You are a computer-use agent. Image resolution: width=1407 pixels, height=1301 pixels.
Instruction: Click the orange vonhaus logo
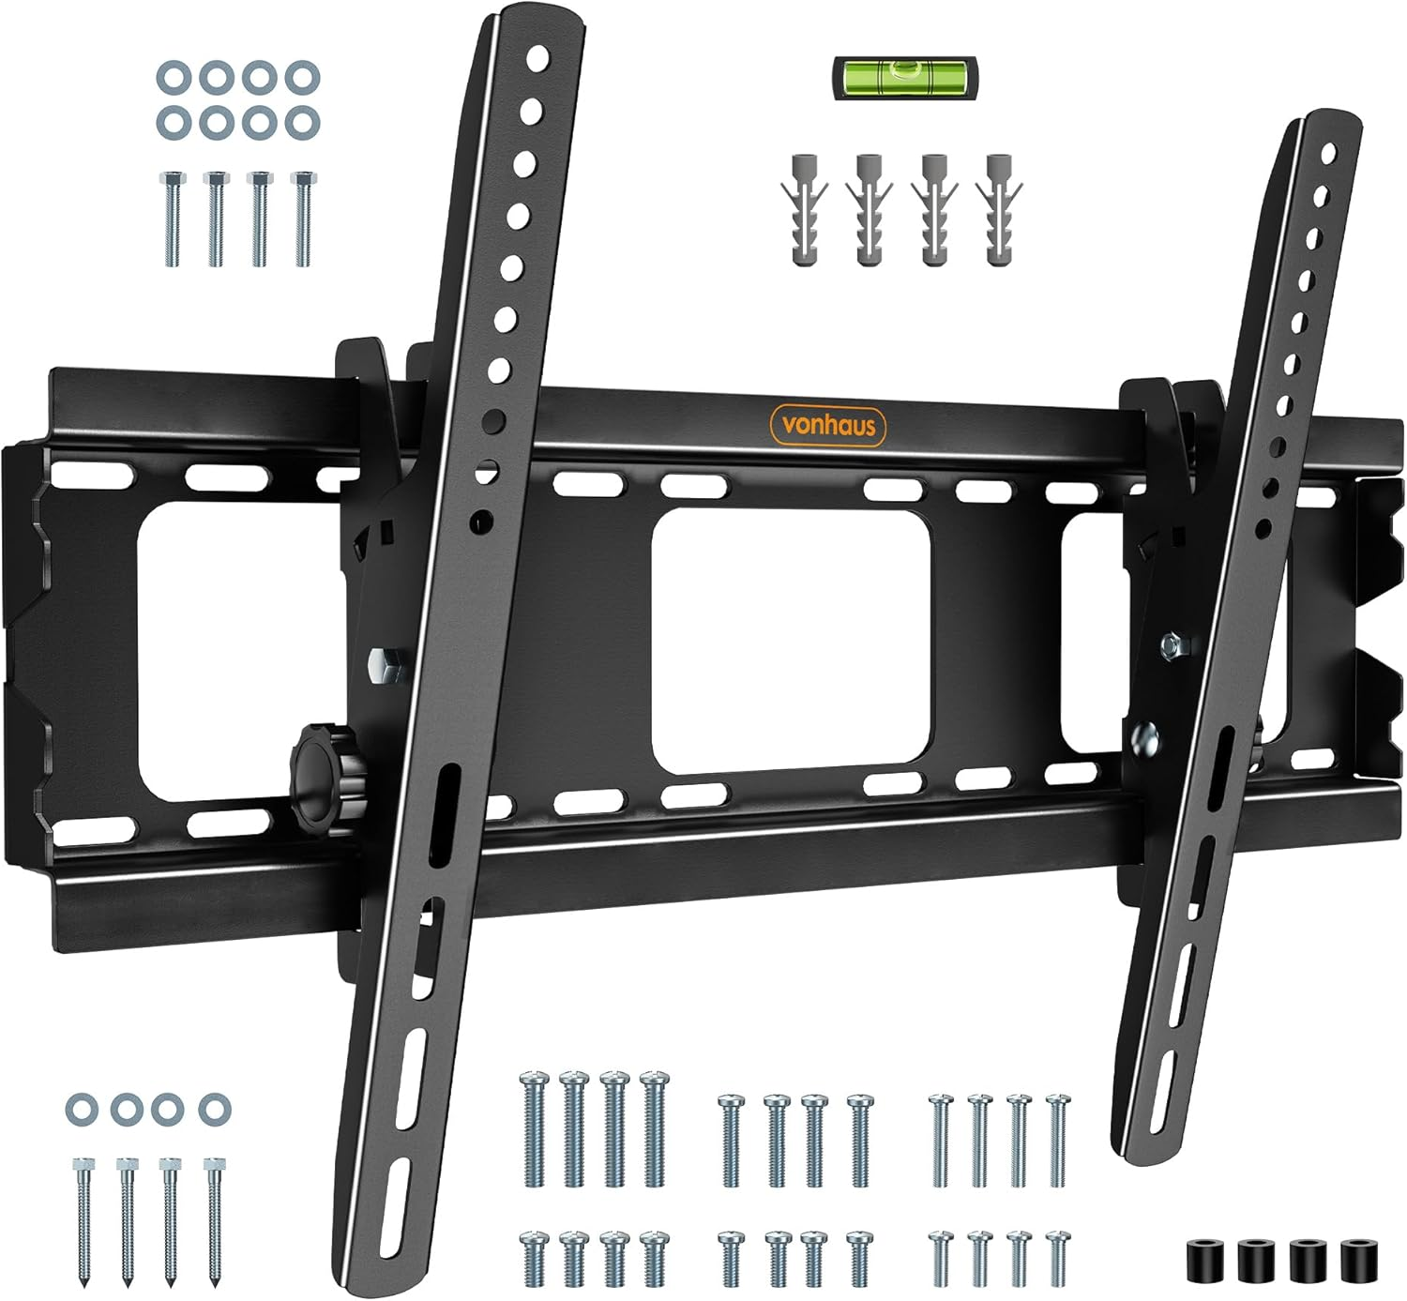pos(827,425)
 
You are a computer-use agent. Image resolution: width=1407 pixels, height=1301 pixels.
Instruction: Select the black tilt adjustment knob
pos(325,779)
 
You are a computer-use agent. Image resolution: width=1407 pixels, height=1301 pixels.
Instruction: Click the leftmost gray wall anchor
pos(804,210)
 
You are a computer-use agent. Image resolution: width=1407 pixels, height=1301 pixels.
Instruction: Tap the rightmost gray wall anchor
pos(999,210)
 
